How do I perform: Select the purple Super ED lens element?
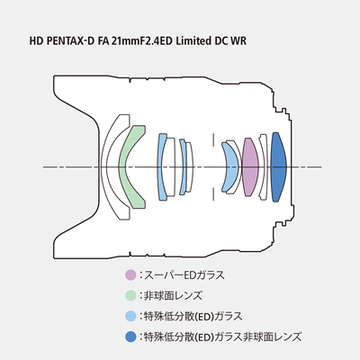(251, 167)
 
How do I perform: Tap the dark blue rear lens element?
(277, 166)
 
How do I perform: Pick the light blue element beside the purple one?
(230, 167)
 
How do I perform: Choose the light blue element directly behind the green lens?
(163, 166)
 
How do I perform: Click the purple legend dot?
(131, 274)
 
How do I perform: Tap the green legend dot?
(131, 295)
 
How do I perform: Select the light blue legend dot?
(131, 316)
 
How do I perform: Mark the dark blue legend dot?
(131, 337)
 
